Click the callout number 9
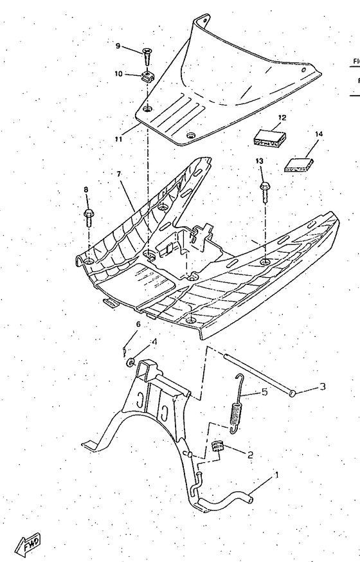[x=118, y=46]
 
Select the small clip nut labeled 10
[x=147, y=77]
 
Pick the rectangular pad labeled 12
[x=269, y=136]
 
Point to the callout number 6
[x=138, y=324]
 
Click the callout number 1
[x=277, y=476]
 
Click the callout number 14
[x=319, y=134]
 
